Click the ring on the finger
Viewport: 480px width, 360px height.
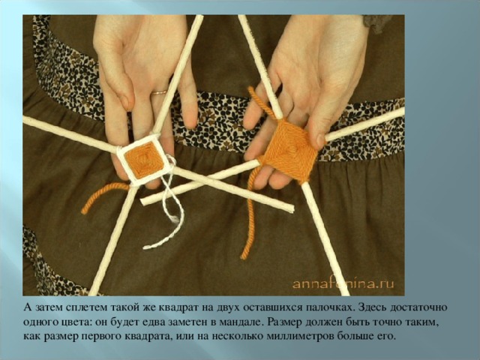pos(159,92)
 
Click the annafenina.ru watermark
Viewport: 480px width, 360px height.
pos(343,283)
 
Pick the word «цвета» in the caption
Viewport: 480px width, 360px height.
pos(76,322)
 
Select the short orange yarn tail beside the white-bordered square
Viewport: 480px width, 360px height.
pos(104,196)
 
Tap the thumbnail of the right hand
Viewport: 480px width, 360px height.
pos(320,140)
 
